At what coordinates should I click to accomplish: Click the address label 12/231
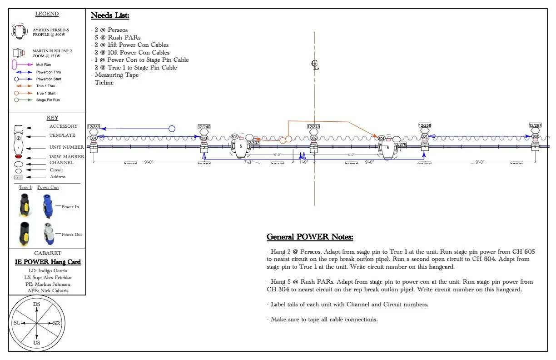(94, 127)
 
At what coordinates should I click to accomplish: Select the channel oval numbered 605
(234, 136)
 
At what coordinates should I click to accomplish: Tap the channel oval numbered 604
(382, 138)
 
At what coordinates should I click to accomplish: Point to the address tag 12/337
(253, 143)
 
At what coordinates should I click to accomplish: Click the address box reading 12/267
(535, 125)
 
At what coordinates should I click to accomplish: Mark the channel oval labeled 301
(425, 136)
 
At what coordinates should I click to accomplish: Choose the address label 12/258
(425, 125)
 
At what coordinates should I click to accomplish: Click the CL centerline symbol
(315, 65)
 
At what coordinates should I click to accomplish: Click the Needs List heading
(110, 15)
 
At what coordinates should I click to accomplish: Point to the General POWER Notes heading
(309, 237)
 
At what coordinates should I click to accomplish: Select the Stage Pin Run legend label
(48, 100)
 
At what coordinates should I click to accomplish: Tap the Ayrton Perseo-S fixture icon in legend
(19, 31)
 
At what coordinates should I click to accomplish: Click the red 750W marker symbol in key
(19, 157)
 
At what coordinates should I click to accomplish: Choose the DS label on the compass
(37, 304)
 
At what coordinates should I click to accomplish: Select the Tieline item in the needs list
(104, 83)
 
